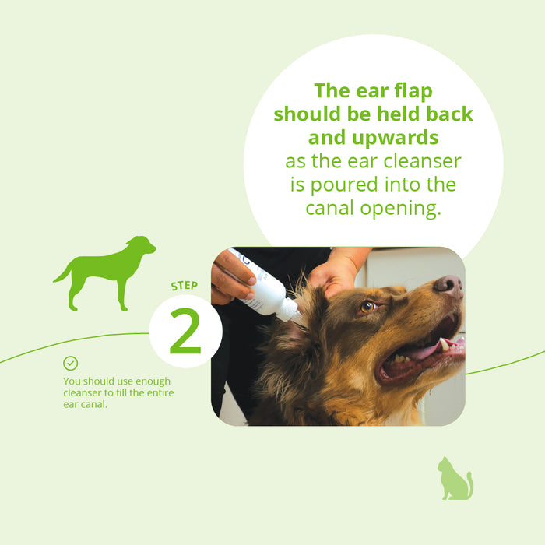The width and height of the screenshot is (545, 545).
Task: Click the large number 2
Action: (x=185, y=333)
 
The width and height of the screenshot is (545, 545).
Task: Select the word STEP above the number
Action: (x=185, y=287)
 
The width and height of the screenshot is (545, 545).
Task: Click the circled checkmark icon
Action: (x=71, y=364)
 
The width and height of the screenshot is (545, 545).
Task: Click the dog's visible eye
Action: (x=367, y=307)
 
